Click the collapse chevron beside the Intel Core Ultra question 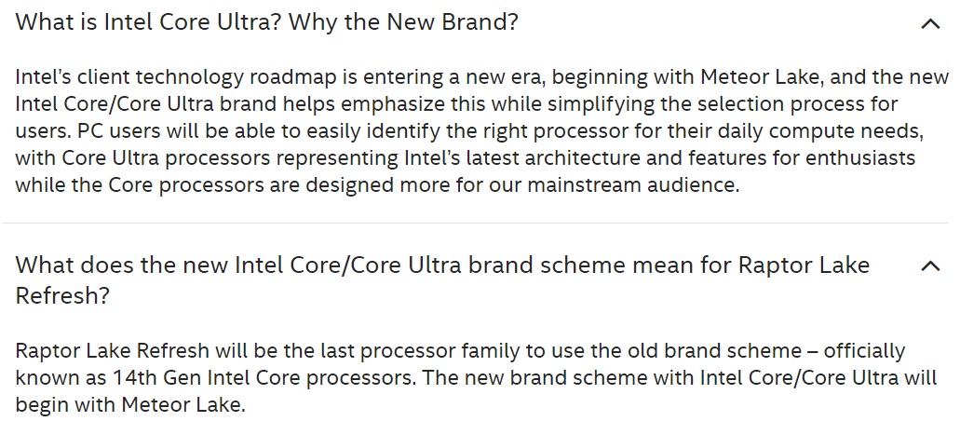930,24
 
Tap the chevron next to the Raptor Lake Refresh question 930,265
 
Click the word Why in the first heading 313,22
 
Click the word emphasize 392,104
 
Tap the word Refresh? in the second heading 62,295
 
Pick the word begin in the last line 39,405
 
